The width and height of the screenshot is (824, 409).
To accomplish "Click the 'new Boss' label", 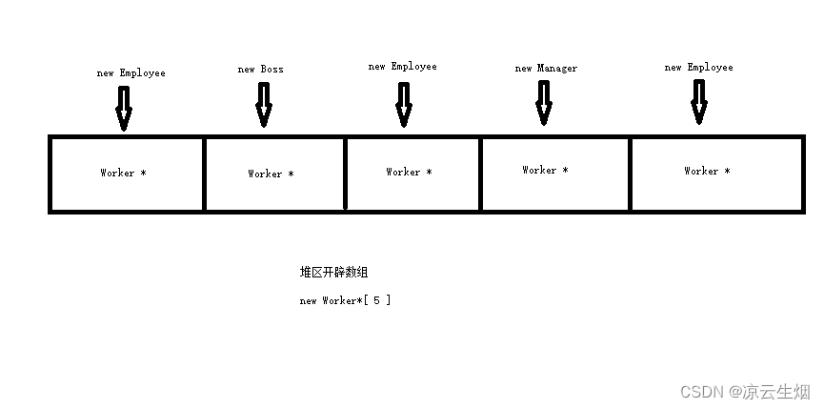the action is (x=260, y=70).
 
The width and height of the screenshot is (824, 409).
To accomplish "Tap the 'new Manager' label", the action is (x=546, y=69).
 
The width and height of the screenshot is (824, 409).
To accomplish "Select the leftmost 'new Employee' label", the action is (x=131, y=72).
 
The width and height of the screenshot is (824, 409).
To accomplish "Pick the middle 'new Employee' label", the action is (x=402, y=67).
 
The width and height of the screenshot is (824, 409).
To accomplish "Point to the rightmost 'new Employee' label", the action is (x=698, y=68).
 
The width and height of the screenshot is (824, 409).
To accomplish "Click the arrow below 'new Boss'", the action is (x=264, y=104).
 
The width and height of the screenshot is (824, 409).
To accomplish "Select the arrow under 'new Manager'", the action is (x=544, y=102).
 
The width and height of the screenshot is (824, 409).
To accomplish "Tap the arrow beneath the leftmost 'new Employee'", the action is (x=123, y=108).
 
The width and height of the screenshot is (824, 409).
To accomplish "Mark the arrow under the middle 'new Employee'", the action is (x=404, y=104).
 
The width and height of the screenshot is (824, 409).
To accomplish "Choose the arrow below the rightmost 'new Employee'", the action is (x=699, y=102).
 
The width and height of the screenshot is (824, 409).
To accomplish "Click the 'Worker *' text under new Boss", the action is (x=271, y=174).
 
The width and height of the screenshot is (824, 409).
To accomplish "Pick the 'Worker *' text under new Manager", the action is (x=545, y=170).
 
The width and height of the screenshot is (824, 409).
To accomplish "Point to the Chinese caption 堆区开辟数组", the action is (x=333, y=273).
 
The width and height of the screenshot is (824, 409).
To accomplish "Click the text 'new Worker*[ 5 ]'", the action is (x=345, y=300).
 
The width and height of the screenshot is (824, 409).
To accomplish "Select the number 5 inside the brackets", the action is (x=376, y=300).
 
